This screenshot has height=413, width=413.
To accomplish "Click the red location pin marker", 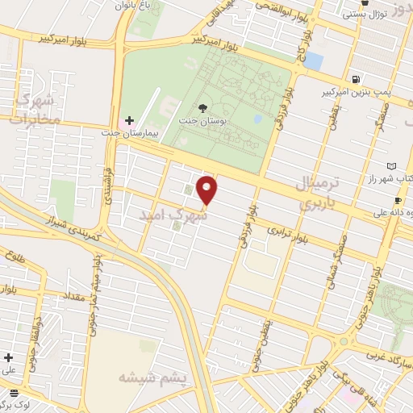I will (208, 190).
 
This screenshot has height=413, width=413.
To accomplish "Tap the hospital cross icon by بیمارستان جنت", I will (129, 120).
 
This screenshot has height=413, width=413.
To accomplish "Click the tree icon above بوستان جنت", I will (202, 108).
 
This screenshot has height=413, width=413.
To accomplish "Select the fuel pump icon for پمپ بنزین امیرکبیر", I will (355, 79).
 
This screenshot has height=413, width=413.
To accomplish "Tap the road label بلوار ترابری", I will (289, 235).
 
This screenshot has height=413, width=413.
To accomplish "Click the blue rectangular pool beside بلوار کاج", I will (313, 60).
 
